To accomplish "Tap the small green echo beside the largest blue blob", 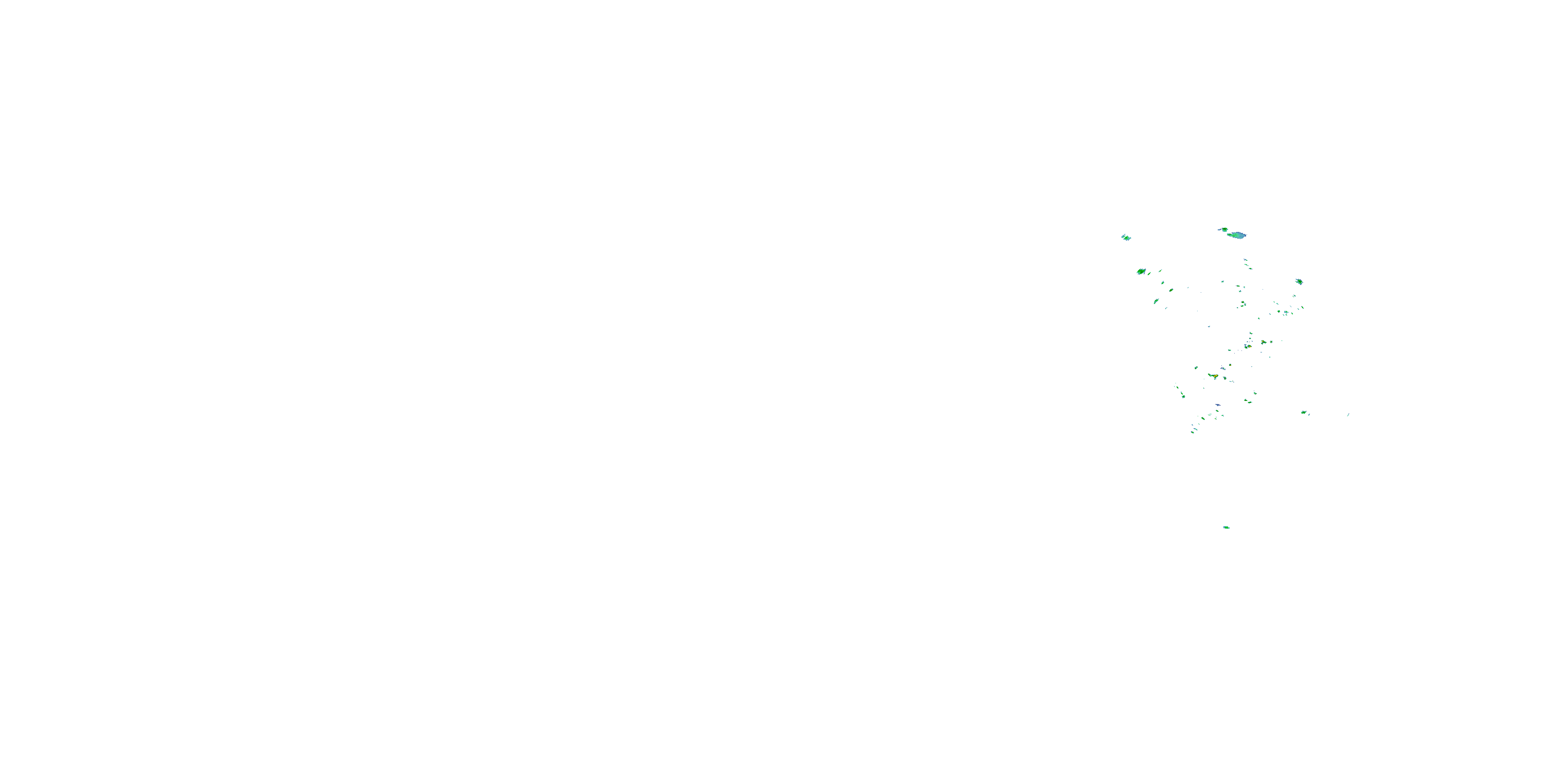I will (1224, 229).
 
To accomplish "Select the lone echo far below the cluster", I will (1226, 528).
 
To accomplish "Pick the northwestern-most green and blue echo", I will (1126, 238).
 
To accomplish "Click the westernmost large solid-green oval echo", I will (1141, 272).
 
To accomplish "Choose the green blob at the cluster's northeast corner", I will (1299, 281).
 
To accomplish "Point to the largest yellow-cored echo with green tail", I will (1214, 376).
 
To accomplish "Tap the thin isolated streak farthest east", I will (1348, 415).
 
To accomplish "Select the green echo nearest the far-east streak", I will (1304, 413).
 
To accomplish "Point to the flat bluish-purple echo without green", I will (1218, 406).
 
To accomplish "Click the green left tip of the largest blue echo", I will (1230, 234).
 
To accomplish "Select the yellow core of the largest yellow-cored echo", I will (1215, 376).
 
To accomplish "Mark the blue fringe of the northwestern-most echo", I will (1122, 237).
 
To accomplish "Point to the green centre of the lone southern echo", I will (1226, 528).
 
